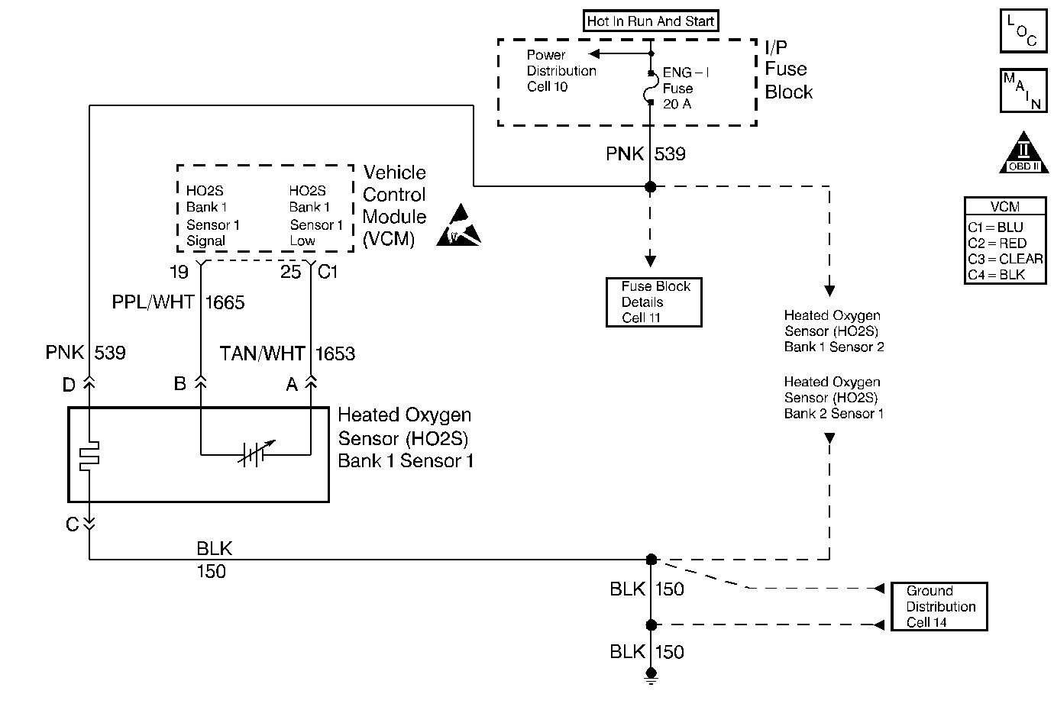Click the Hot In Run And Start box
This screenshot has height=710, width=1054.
point(651,21)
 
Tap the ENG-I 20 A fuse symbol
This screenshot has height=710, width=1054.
point(651,88)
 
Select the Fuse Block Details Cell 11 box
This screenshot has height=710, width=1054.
point(654,302)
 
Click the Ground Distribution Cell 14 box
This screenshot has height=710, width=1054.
point(939,607)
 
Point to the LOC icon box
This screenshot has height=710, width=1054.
point(1023,31)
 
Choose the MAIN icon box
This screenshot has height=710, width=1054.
point(1023,90)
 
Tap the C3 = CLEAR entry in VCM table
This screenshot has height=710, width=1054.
point(1005,259)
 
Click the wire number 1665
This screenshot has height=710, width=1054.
point(225,303)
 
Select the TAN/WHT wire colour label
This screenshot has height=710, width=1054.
point(262,354)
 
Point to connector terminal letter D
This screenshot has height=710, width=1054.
point(69,386)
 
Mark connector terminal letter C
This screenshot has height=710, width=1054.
point(72,525)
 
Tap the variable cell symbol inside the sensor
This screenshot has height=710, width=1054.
point(253,454)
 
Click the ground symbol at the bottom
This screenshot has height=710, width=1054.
point(651,676)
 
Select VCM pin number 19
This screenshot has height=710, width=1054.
point(179,272)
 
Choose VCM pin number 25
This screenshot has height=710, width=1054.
point(290,272)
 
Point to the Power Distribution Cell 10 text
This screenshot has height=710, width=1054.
point(561,71)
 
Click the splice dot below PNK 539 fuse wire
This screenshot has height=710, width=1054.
point(651,186)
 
